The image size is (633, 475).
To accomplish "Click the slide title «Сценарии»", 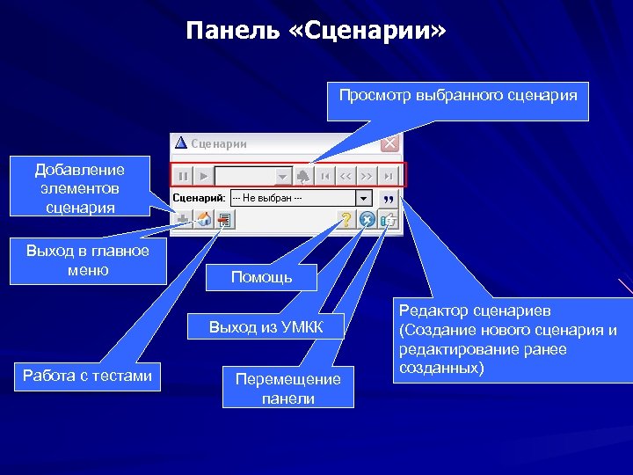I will [x=316, y=32].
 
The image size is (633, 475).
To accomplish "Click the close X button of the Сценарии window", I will [x=389, y=143].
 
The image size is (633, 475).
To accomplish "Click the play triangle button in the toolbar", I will [x=202, y=176].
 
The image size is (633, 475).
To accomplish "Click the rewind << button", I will [x=346, y=176].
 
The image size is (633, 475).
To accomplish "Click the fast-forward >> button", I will [x=367, y=176].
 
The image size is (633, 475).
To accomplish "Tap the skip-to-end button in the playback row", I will [x=388, y=176].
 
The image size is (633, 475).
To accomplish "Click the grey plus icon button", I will [x=183, y=220].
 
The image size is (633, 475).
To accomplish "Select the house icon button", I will [x=203, y=220].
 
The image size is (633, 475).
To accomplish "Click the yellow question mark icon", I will [x=347, y=220].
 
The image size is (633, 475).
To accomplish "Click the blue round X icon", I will [x=368, y=220].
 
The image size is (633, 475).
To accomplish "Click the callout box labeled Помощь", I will [x=261, y=277].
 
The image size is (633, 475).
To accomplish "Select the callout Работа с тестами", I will [x=87, y=376].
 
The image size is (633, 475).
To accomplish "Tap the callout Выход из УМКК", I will [x=266, y=328].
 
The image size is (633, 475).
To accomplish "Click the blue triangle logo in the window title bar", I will [x=181, y=143].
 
